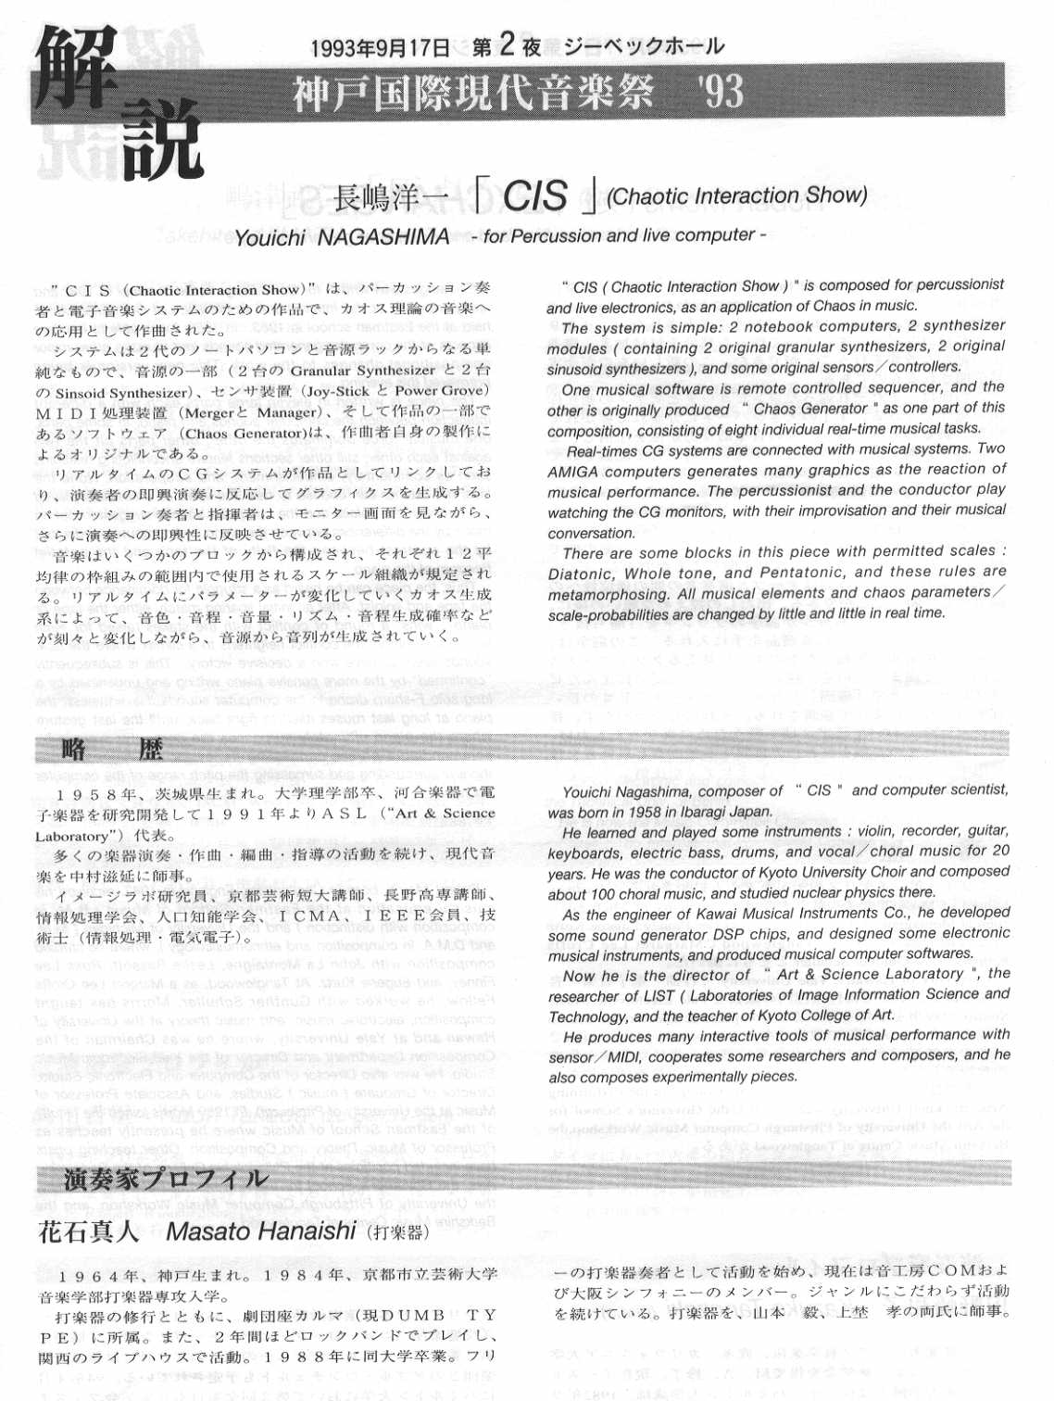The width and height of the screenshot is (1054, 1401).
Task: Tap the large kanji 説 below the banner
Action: click(x=162, y=139)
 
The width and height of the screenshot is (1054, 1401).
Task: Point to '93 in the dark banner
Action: click(x=721, y=92)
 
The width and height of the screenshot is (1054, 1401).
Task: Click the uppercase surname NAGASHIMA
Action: click(x=383, y=238)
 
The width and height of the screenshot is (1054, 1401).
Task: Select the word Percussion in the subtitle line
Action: click(x=554, y=236)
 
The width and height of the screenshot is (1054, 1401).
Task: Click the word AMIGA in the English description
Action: click(x=572, y=472)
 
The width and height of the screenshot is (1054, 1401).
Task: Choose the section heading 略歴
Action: click(x=112, y=749)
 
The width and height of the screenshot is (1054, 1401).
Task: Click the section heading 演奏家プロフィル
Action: click(x=166, y=1180)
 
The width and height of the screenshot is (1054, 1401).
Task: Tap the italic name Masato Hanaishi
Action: click(x=260, y=1231)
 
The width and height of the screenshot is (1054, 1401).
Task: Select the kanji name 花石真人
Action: click(x=88, y=1232)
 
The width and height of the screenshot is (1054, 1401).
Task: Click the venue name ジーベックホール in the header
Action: click(x=644, y=46)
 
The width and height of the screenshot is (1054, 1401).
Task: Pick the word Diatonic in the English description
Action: click(x=580, y=574)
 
